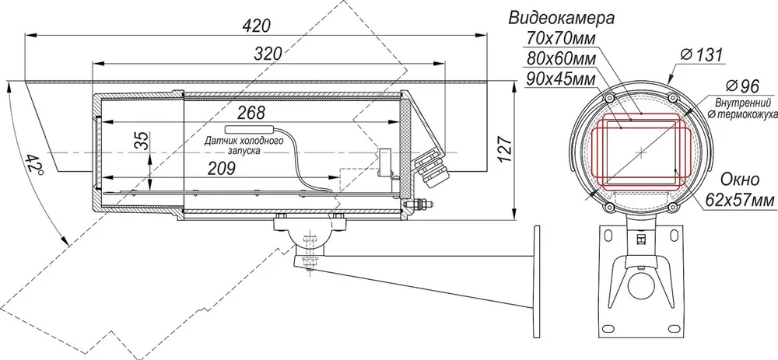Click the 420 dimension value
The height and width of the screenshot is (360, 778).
pyautogui.click(x=257, y=26)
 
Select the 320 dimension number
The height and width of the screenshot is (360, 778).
pyautogui.click(x=268, y=54)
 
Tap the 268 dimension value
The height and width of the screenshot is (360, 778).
pyautogui.click(x=251, y=113)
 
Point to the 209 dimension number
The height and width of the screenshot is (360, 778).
pyautogui.click(x=220, y=169)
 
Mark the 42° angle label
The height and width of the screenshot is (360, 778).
pyautogui.click(x=34, y=163)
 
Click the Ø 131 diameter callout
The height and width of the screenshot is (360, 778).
pyautogui.click(x=702, y=54)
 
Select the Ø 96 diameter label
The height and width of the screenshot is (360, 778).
pyautogui.click(x=741, y=86)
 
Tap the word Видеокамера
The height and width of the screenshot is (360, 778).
pyautogui.click(x=561, y=19)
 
